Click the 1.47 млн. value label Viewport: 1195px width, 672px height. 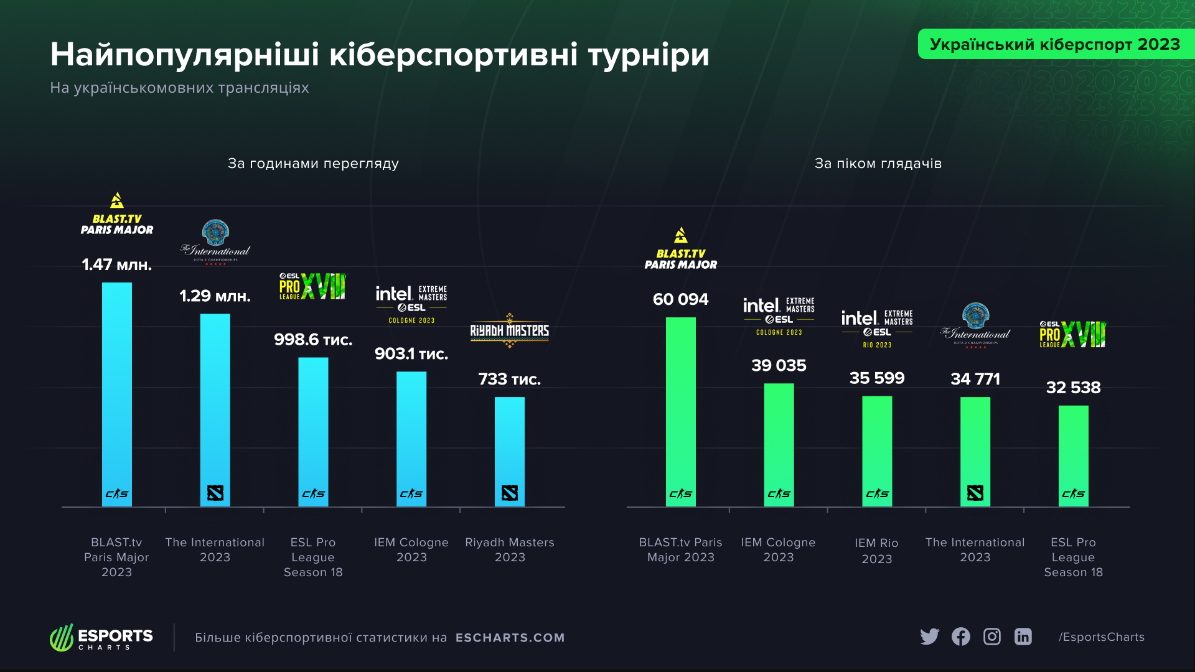(117, 265)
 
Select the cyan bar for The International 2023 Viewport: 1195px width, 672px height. (215, 410)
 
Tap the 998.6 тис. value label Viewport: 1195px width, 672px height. (313, 340)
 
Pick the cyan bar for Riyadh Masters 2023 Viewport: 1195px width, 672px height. (510, 452)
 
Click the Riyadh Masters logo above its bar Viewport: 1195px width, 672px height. (510, 330)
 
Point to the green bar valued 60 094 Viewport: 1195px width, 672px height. (681, 412)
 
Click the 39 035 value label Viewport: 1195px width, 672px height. (779, 365)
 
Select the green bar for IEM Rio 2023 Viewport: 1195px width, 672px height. (877, 451)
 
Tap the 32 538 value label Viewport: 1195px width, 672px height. (1074, 388)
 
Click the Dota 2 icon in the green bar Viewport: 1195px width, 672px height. (975, 493)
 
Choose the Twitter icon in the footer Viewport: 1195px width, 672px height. (930, 637)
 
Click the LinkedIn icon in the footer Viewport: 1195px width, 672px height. (1023, 637)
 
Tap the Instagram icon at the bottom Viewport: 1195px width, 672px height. (992, 637)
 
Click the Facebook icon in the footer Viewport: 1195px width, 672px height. (961, 637)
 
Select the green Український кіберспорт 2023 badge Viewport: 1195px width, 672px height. (1056, 44)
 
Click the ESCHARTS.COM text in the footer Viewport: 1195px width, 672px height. (510, 638)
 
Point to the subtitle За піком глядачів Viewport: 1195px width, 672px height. (878, 164)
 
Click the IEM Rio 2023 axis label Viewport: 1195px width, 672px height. (877, 551)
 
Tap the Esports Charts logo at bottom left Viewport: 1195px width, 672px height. (101, 638)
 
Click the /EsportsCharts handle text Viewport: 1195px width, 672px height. (1102, 637)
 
